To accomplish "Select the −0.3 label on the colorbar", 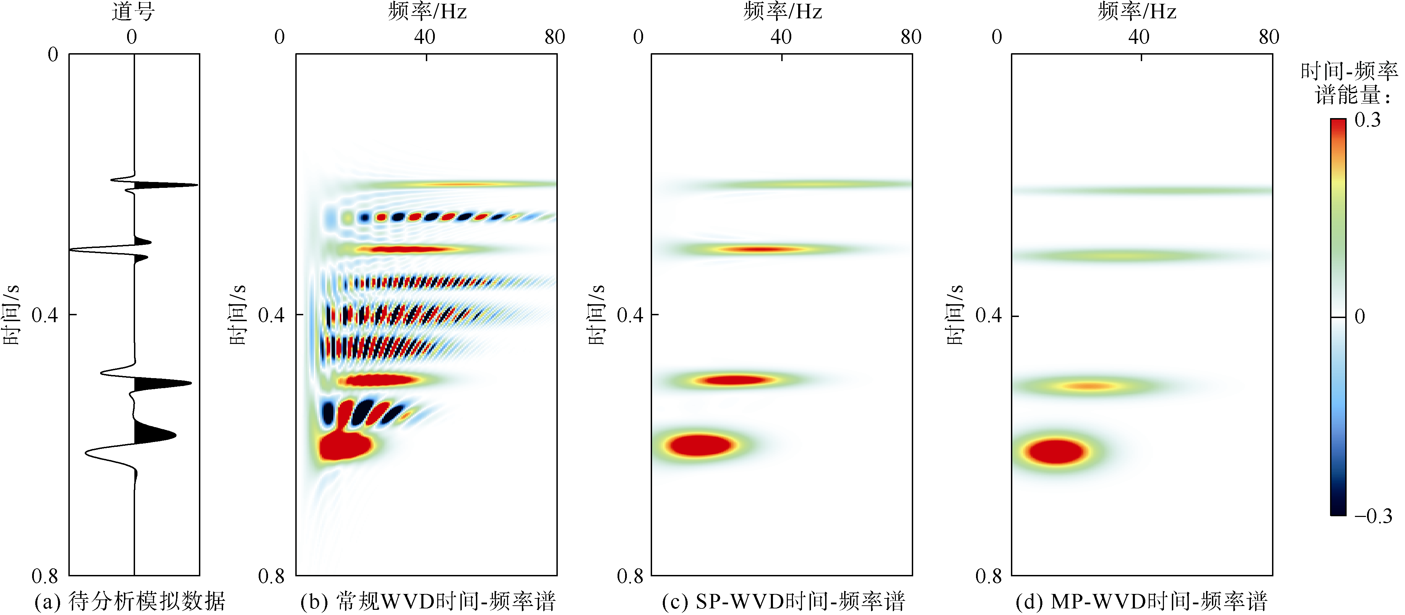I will [1373, 516].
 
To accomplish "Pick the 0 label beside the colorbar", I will [1360, 317].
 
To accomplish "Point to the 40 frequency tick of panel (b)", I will [424, 37].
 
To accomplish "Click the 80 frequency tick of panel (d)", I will [1269, 37].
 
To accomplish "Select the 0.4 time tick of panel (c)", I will [630, 315].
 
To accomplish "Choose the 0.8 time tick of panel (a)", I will [45, 576].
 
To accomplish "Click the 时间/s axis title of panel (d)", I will [955, 315].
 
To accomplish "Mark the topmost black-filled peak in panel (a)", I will [164, 185].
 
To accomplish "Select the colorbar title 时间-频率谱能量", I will [1348, 83].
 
